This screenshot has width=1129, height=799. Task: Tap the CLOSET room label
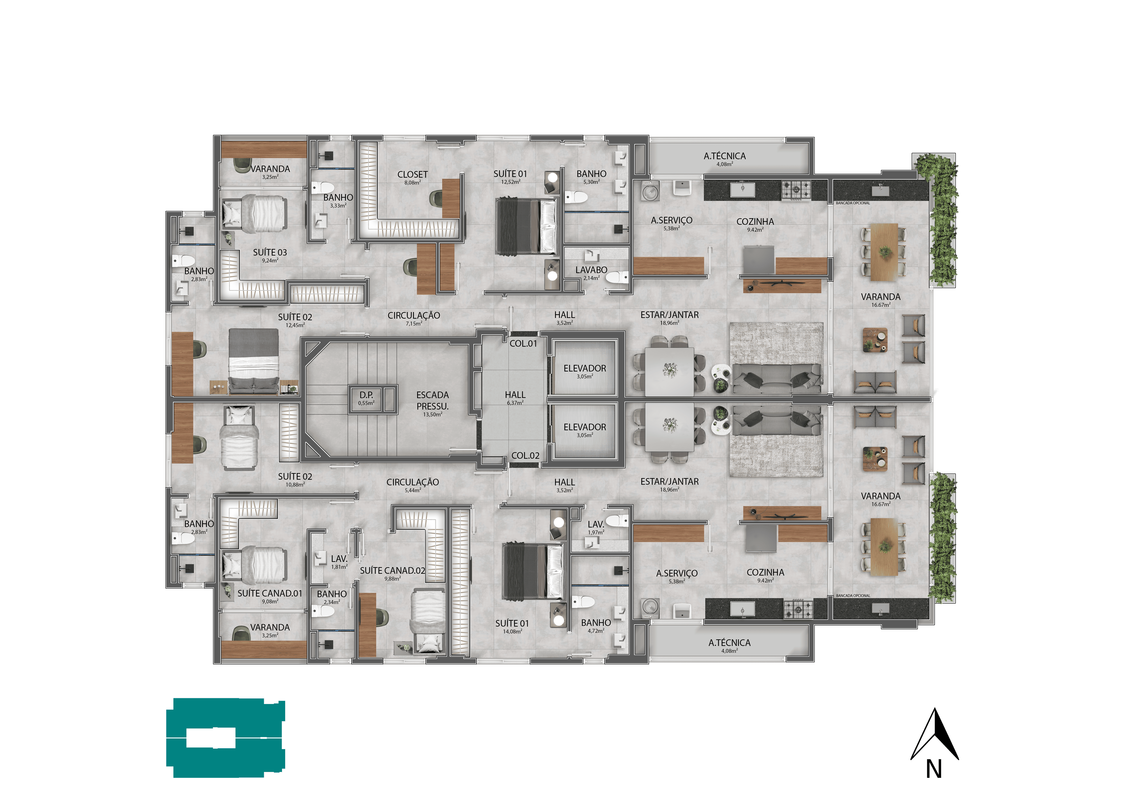pyautogui.click(x=413, y=175)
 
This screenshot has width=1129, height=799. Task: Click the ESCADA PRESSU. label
pyautogui.click(x=432, y=400)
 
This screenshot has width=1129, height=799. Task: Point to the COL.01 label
pyautogui.click(x=523, y=343)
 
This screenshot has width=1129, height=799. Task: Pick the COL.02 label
pyautogui.click(x=525, y=456)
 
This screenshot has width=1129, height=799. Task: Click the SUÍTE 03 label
pyautogui.click(x=270, y=252)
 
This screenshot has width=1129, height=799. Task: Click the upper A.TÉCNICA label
pyautogui.click(x=724, y=156)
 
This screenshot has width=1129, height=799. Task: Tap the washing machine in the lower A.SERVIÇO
pyautogui.click(x=650, y=608)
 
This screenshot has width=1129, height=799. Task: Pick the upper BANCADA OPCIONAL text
pyautogui.click(x=853, y=203)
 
